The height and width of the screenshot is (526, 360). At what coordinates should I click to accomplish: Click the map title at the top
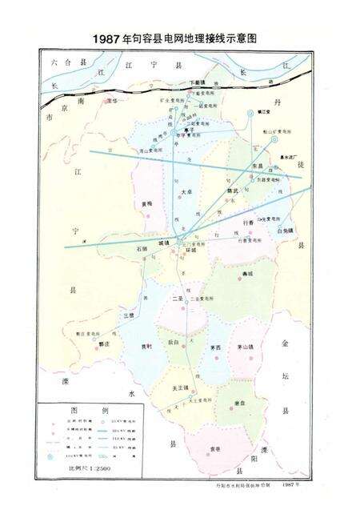point(179,38)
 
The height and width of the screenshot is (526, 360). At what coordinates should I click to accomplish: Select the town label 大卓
point(186,192)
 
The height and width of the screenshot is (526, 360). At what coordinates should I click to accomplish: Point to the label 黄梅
point(146,204)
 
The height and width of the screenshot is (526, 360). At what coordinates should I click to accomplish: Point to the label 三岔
point(129,315)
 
